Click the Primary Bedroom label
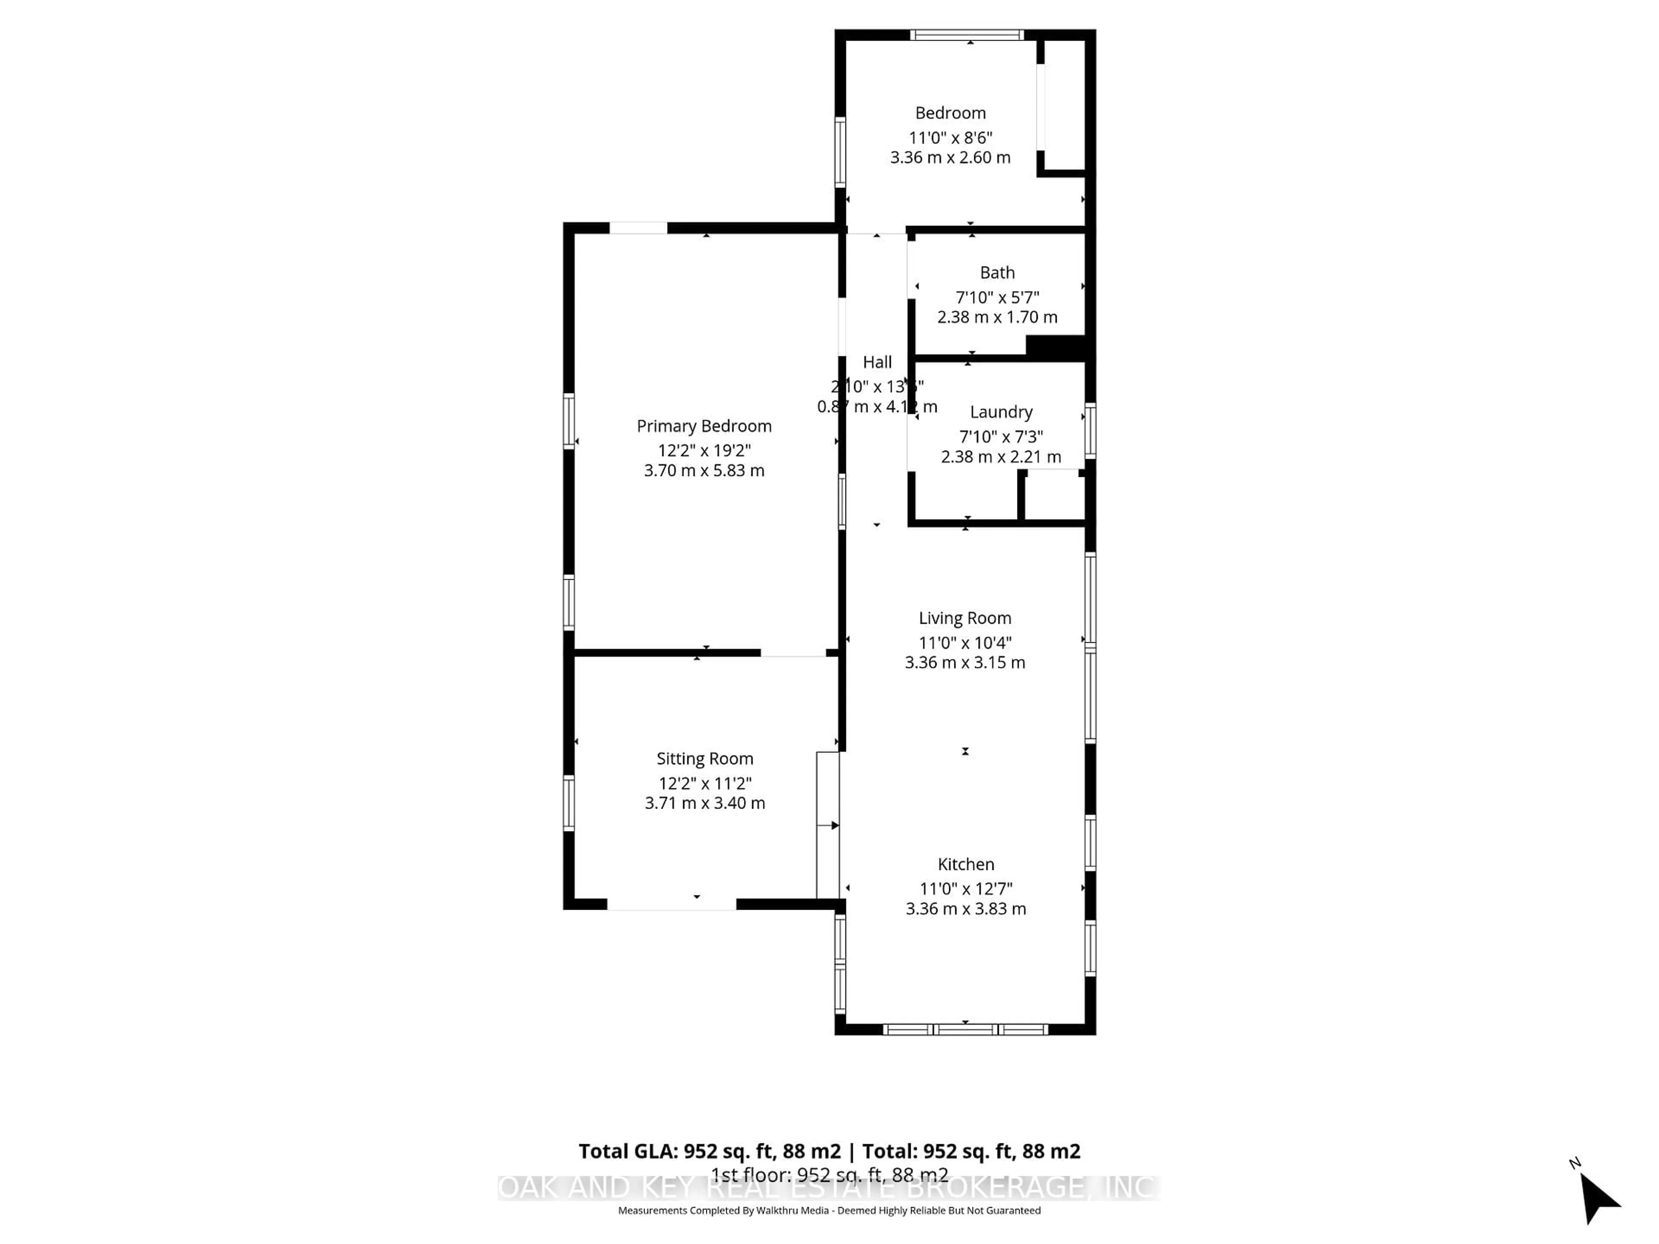[x=703, y=426]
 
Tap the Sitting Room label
[x=704, y=759]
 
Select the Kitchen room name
[x=965, y=864]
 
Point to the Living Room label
[x=964, y=618]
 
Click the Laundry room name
[x=1001, y=412]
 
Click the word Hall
[x=877, y=362]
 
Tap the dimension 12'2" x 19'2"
[x=703, y=451]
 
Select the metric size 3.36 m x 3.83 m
[x=965, y=909]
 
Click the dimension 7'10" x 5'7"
[x=997, y=297]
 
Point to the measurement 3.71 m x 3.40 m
[x=704, y=803]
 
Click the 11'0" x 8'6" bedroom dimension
[x=950, y=138]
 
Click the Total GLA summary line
[x=829, y=1151]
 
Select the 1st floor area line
[x=829, y=1175]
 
